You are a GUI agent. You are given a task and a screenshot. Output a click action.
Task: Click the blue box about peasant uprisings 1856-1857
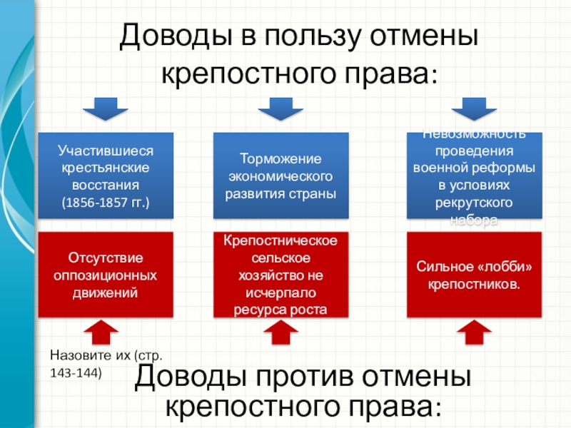click(106, 175)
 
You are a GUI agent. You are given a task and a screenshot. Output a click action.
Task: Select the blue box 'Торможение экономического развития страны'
click(281, 175)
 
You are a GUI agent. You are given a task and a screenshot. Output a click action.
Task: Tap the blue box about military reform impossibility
click(475, 175)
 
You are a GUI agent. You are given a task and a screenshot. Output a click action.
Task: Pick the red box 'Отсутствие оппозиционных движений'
click(106, 275)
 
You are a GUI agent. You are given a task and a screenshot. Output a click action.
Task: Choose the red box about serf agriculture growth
click(281, 275)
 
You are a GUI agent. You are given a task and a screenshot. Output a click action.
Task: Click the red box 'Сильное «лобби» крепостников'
click(475, 275)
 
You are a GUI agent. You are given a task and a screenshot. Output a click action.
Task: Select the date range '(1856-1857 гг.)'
click(106, 203)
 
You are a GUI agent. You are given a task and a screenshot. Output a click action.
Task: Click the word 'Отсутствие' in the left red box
click(106, 257)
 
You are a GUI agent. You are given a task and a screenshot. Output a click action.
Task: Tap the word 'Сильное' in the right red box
click(445, 267)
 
